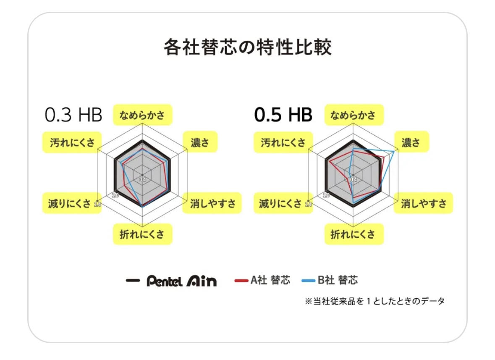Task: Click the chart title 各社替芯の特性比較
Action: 247,47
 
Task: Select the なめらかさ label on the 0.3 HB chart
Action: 142,115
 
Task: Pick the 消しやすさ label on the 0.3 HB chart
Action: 212,204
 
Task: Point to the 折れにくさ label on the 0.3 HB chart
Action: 142,234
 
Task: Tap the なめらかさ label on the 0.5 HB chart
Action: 354,115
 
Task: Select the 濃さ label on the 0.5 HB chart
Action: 411,142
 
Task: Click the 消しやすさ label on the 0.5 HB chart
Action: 423,204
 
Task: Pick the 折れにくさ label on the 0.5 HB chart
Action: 354,234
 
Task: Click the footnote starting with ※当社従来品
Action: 375,301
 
